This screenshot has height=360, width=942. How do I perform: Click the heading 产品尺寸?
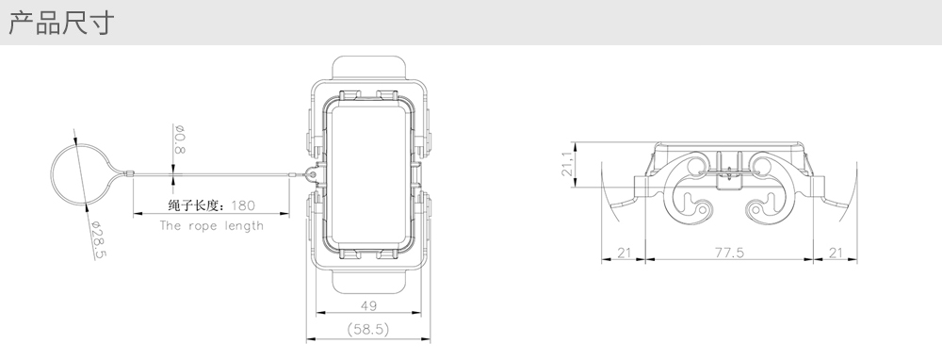[x=60, y=24]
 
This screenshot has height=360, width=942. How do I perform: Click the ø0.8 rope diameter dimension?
[x=179, y=139]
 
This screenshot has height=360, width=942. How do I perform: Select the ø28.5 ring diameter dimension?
[x=99, y=239]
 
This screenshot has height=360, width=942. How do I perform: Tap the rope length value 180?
[x=243, y=205]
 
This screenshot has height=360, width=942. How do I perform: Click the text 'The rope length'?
[x=211, y=226]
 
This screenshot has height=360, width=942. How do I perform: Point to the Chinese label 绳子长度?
[x=196, y=205]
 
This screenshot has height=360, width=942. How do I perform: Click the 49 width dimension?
[x=368, y=305]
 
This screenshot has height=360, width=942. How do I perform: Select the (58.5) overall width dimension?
[x=368, y=329]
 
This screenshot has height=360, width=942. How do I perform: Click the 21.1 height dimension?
[x=567, y=163]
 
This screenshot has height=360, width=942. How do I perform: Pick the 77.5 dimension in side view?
[x=729, y=253]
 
